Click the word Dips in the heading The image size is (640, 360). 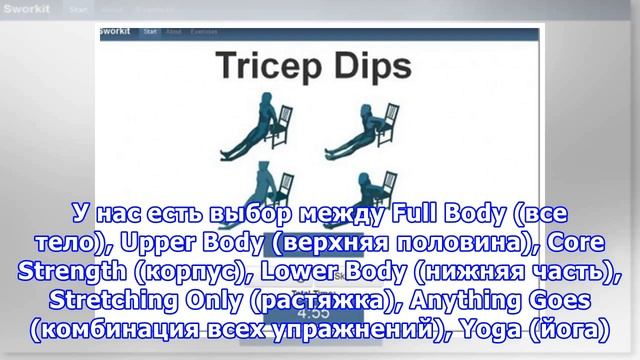[x=371, y=67]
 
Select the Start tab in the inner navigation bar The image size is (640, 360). [x=150, y=31]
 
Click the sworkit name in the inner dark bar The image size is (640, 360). [x=119, y=31]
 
